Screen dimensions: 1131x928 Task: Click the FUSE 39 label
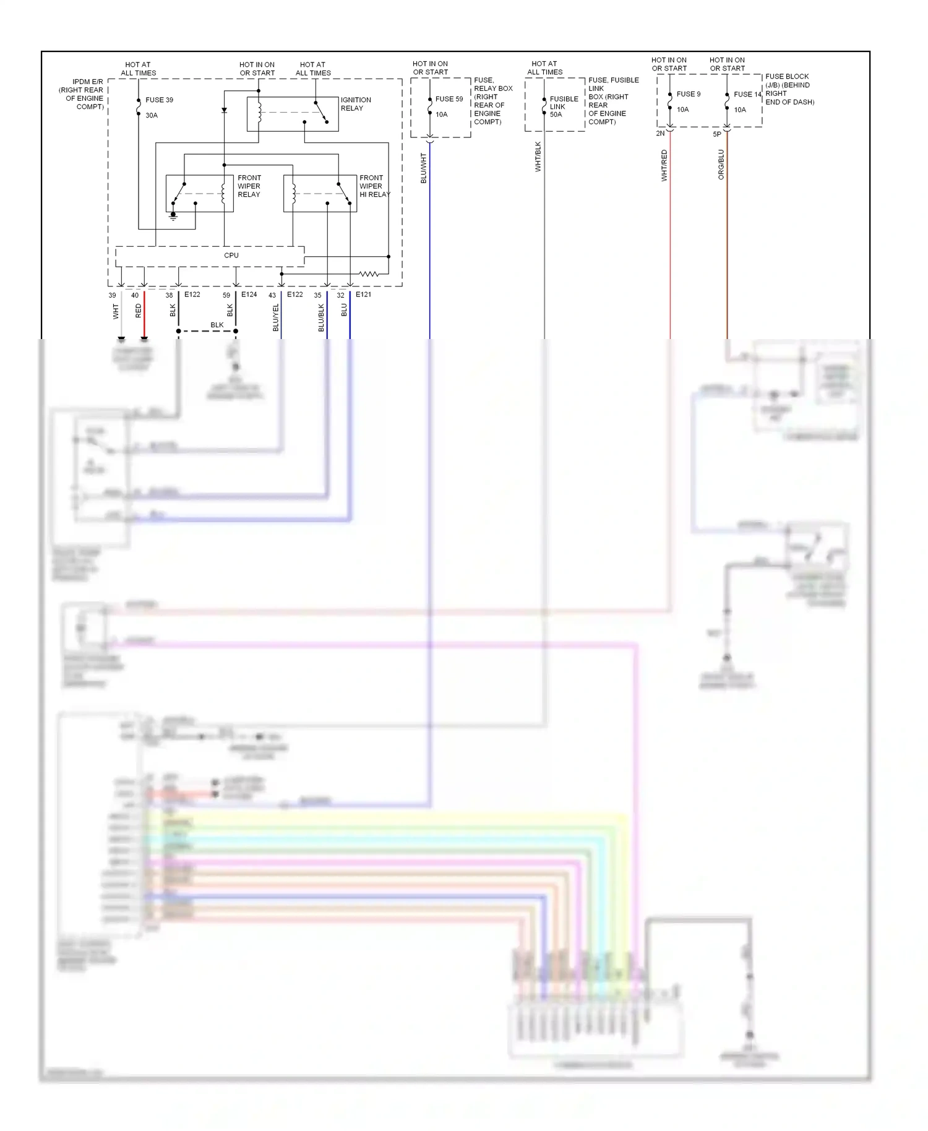pyautogui.click(x=159, y=100)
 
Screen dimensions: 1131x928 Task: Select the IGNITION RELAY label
pyautogui.click(x=356, y=104)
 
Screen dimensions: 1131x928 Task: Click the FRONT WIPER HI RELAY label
pyautogui.click(x=374, y=186)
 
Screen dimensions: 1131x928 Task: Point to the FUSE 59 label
pyautogui.click(x=449, y=99)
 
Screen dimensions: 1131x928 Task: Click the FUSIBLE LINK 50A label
pyautogui.click(x=564, y=106)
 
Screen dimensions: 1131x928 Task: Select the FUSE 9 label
pyautogui.click(x=688, y=94)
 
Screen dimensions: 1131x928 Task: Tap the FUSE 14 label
pyautogui.click(x=747, y=94)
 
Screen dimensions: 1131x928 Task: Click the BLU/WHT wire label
pyautogui.click(x=424, y=168)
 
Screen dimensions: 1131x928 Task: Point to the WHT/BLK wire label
pyautogui.click(x=538, y=157)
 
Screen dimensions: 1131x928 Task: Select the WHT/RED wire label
pyautogui.click(x=664, y=165)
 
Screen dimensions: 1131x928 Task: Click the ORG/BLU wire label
pyautogui.click(x=721, y=165)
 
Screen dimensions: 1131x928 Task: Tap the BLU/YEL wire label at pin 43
pyautogui.click(x=276, y=317)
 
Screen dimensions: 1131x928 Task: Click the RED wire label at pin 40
pyautogui.click(x=139, y=311)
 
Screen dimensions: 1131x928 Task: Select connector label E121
pyautogui.click(x=363, y=295)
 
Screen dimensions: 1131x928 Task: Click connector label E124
pyautogui.click(x=249, y=295)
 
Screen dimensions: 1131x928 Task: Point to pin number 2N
pyautogui.click(x=660, y=133)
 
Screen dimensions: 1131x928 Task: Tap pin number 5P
pyautogui.click(x=716, y=134)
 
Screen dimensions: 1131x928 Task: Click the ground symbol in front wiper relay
pyautogui.click(x=173, y=217)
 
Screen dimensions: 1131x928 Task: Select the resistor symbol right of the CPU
pyautogui.click(x=369, y=273)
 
